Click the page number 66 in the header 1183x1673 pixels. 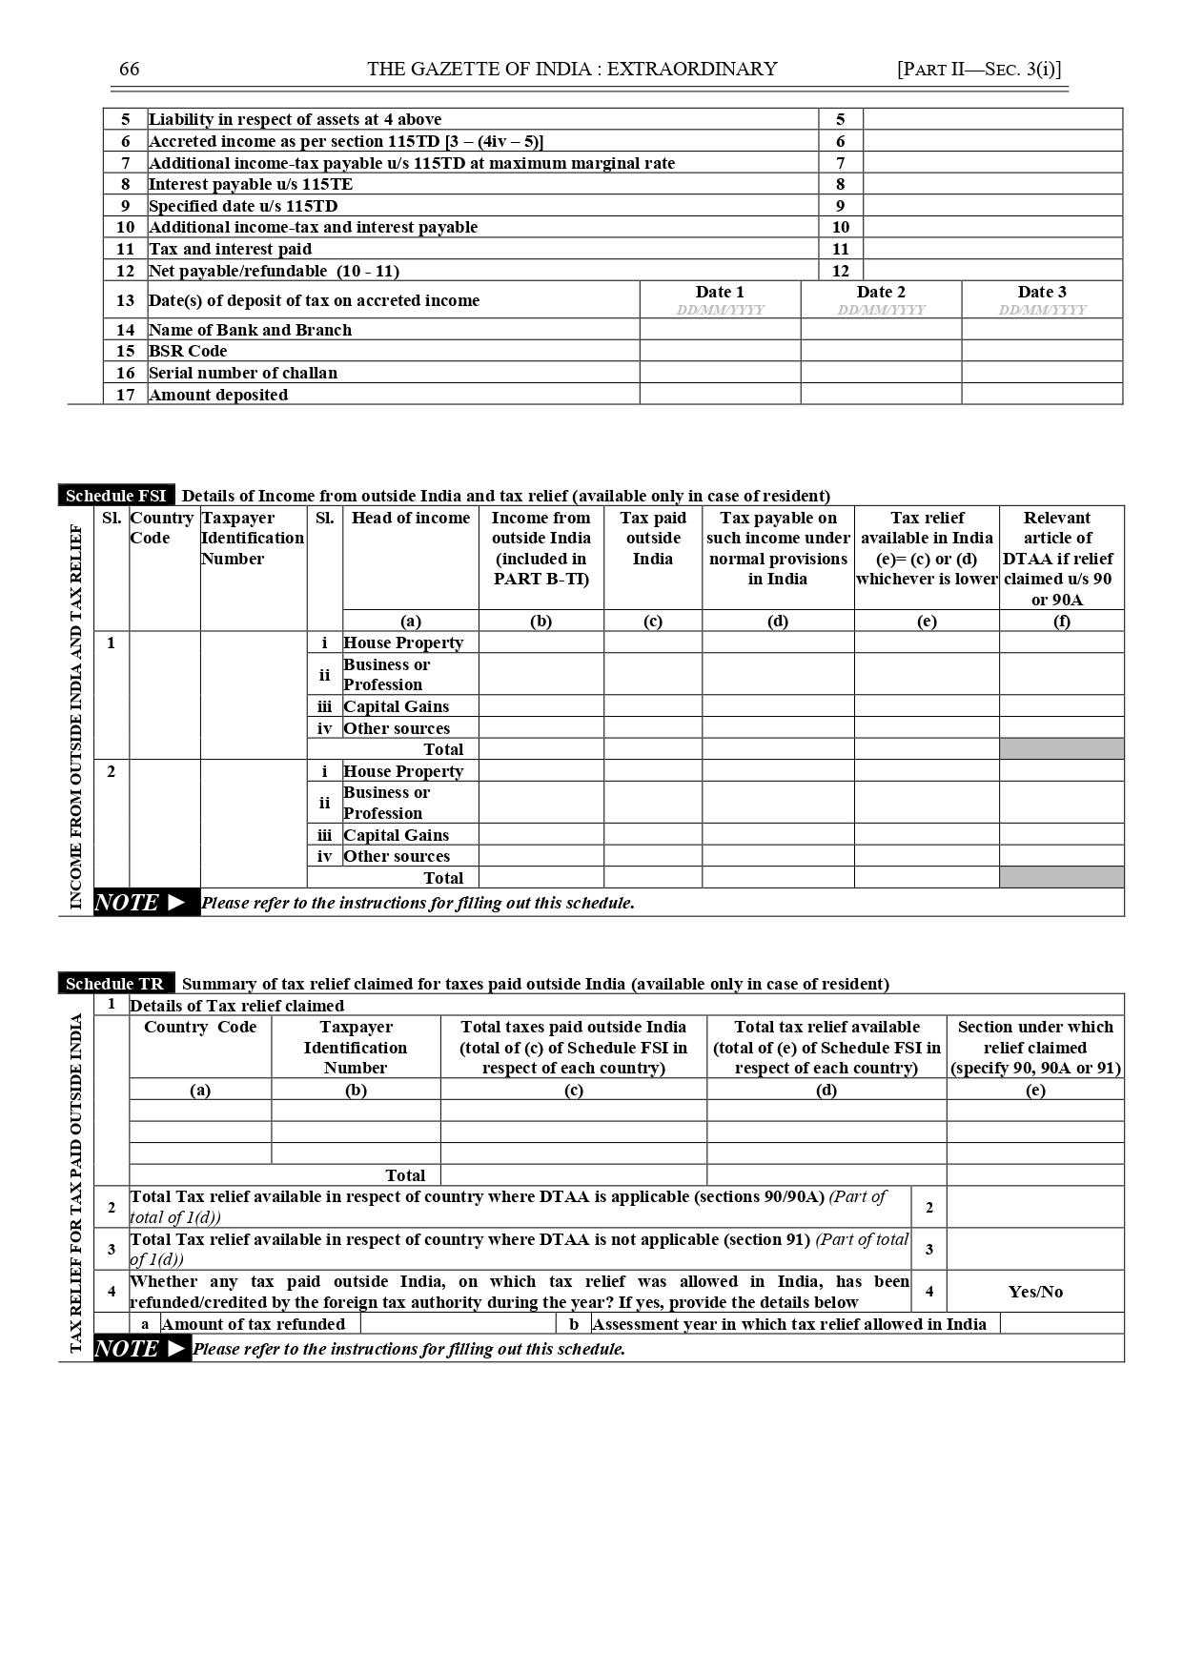[x=129, y=69]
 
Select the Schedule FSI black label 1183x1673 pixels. [x=116, y=496]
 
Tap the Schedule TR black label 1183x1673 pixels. [x=115, y=984]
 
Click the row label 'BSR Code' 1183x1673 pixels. [x=188, y=351]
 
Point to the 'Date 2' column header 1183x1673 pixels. [x=881, y=293]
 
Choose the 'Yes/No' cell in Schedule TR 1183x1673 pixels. [x=1035, y=1292]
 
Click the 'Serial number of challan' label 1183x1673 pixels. [x=243, y=373]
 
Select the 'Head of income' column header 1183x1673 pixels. [x=411, y=518]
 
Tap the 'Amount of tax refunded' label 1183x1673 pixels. [x=254, y=1324]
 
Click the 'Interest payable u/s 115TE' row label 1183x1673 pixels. [x=251, y=184]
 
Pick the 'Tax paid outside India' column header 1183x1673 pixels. [x=653, y=538]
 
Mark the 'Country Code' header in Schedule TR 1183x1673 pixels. [x=200, y=1027]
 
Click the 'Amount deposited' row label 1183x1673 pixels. [x=218, y=395]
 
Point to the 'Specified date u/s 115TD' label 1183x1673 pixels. [x=243, y=206]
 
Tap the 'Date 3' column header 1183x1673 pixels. [x=1042, y=293]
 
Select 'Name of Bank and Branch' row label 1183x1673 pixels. [x=251, y=330]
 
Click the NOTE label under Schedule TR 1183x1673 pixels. [x=141, y=1349]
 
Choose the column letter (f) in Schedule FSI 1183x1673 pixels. [x=1061, y=622]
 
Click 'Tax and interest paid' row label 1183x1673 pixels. [x=231, y=249]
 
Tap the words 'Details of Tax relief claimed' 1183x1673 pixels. [x=237, y=1006]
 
